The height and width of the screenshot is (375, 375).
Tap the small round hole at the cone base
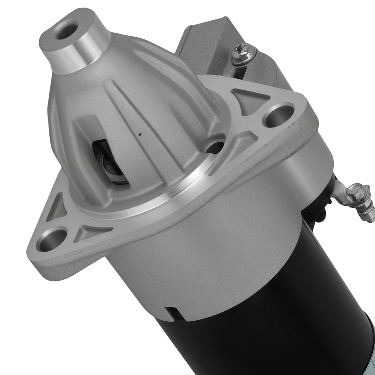[216, 147]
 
